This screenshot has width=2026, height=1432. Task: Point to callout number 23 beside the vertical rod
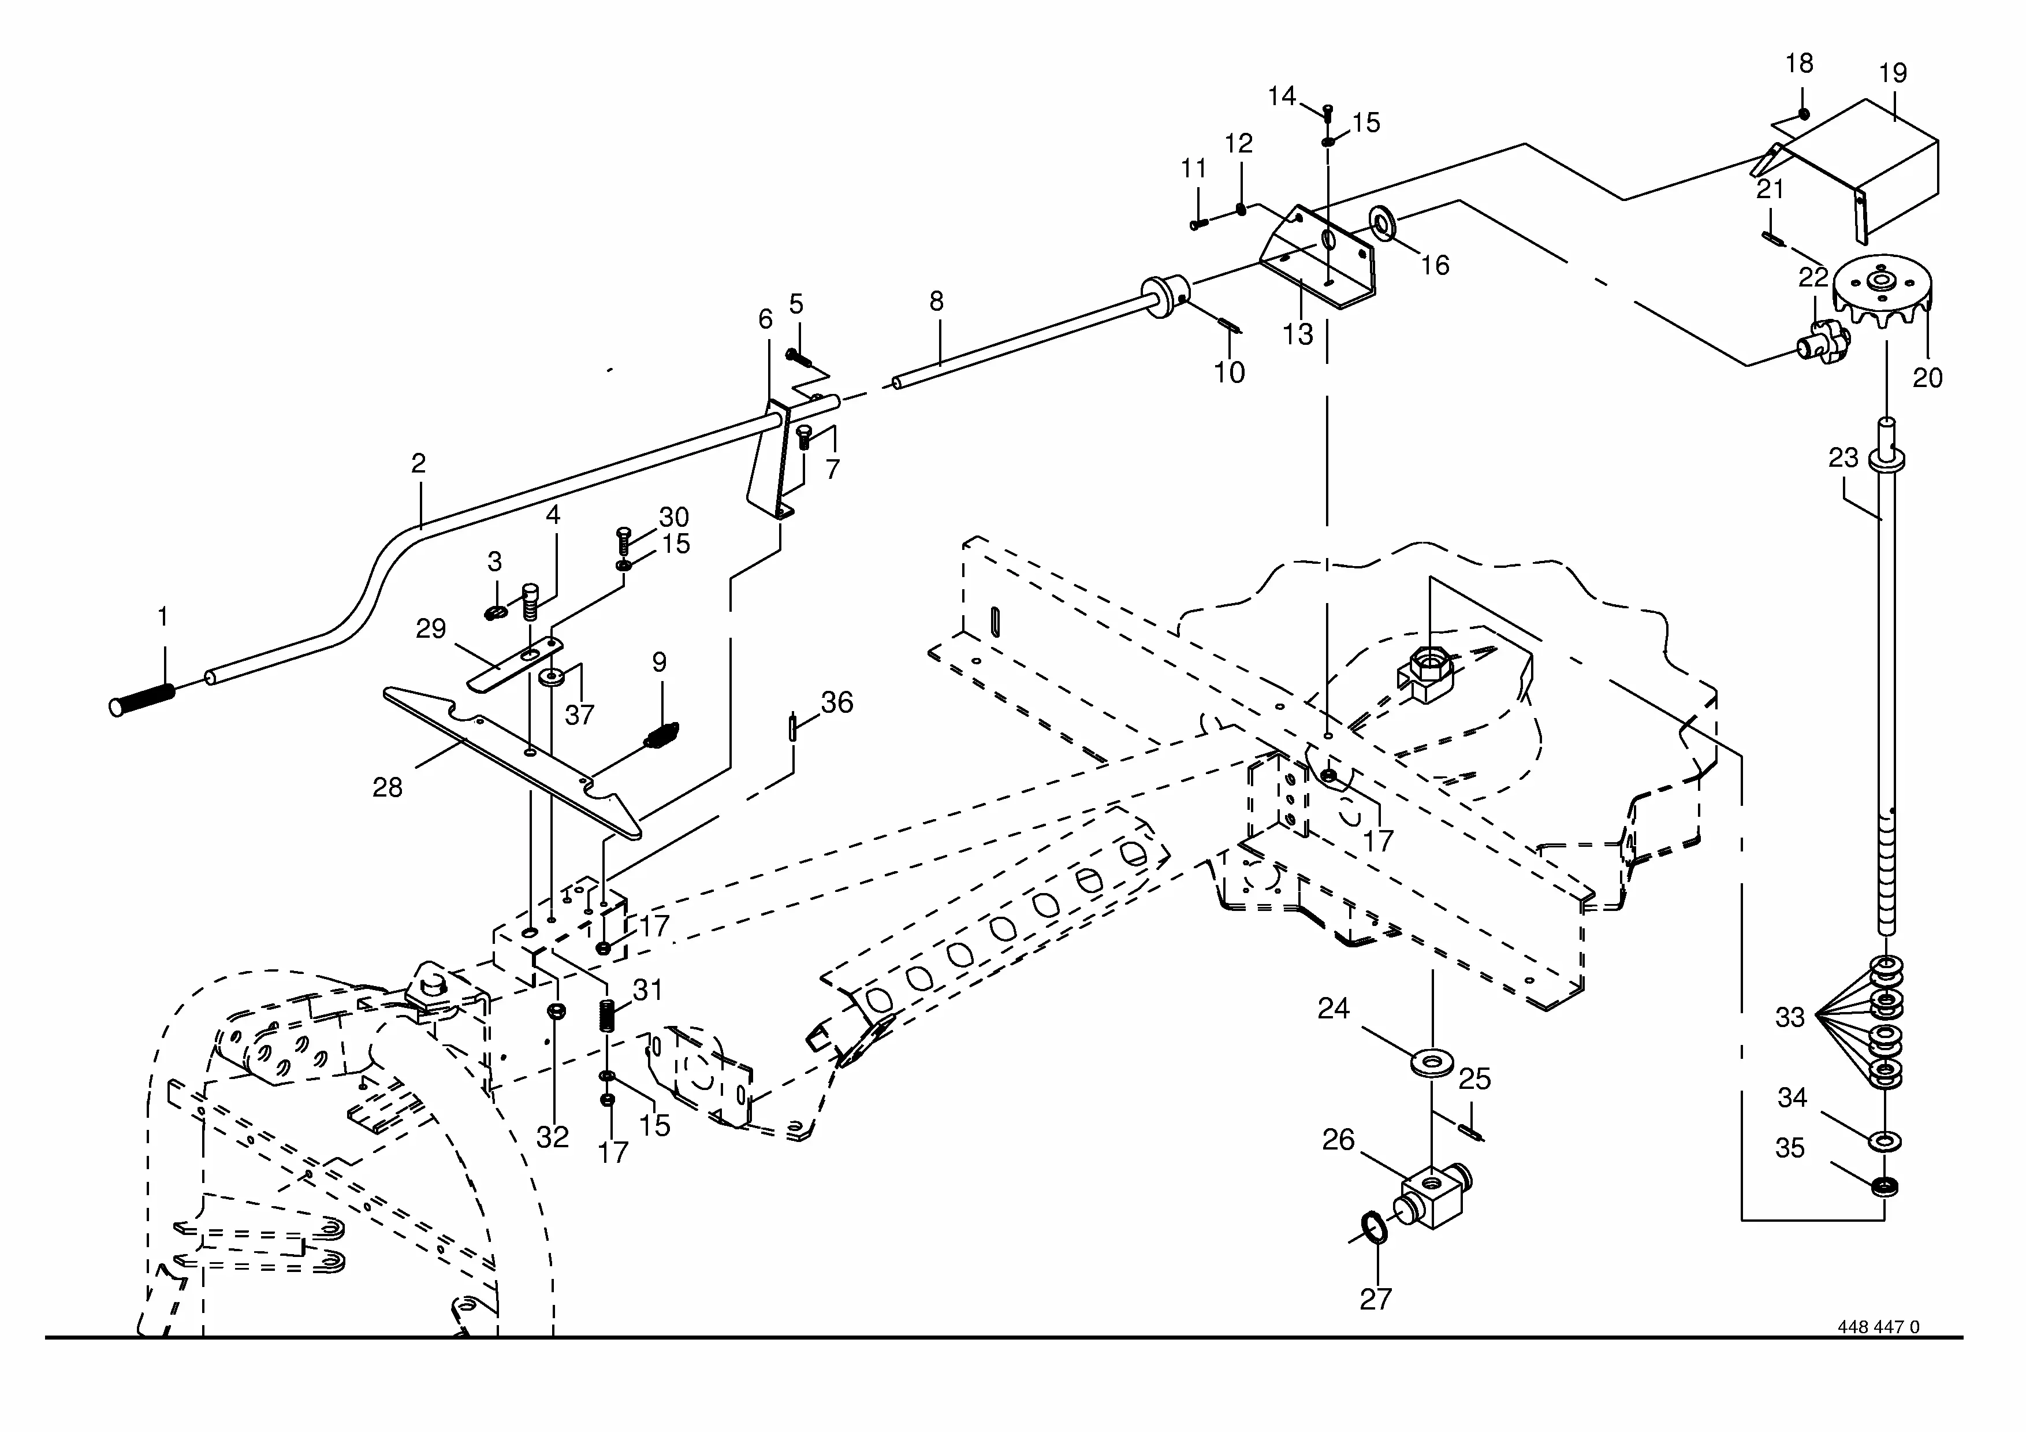point(1843,458)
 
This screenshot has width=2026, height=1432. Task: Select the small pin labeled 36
point(794,729)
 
